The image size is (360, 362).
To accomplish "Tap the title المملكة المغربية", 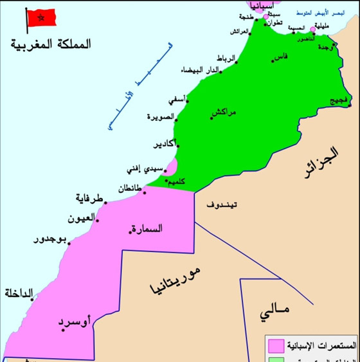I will tap(51, 44).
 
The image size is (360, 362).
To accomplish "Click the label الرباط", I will tap(226, 59).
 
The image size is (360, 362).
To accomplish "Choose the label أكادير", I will tap(165, 144).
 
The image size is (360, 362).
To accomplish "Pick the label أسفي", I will tap(177, 100).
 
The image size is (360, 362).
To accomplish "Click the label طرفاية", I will tap(90, 198).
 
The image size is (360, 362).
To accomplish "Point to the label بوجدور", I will tap(50, 240).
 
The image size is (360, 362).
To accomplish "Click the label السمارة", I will tap(147, 228).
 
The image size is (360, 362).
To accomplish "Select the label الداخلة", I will tap(19, 294).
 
